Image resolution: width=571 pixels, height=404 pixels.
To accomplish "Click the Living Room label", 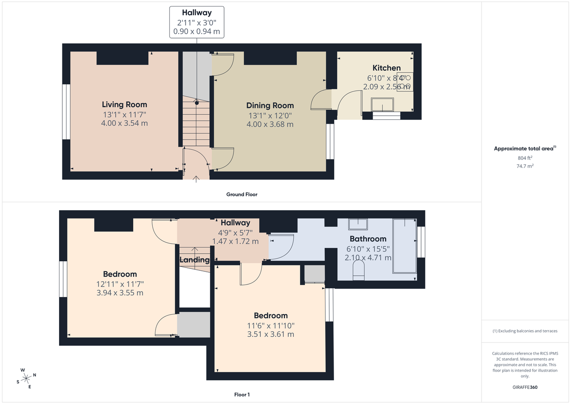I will click(124, 105).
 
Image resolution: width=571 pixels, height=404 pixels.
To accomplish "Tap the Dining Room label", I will click(270, 106).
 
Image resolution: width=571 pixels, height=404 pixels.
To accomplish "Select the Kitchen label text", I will click(386, 68).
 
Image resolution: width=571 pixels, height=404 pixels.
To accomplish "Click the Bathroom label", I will click(368, 239).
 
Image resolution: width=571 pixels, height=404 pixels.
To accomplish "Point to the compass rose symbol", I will click(27, 378).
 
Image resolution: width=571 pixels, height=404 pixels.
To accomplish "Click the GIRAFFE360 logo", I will click(525, 387).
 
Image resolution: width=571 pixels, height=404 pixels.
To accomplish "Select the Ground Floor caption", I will click(242, 195).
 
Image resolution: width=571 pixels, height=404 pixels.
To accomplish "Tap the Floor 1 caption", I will click(242, 394).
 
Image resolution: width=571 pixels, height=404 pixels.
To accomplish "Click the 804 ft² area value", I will click(525, 158).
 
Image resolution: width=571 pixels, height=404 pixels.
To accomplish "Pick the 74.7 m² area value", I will click(525, 167).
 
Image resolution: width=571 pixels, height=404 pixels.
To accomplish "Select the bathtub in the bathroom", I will click(404, 246).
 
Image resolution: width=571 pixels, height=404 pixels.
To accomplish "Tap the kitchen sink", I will click(383, 104).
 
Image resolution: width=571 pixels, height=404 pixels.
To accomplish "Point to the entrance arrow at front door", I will click(197, 178).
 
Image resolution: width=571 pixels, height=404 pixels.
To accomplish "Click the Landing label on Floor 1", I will click(194, 260).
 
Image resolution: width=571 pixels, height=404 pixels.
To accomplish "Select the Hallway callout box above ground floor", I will click(197, 22).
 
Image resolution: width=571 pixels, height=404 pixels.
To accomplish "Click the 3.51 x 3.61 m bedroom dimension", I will click(270, 335).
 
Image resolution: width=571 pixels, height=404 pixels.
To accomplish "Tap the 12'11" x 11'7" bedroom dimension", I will click(120, 284).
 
